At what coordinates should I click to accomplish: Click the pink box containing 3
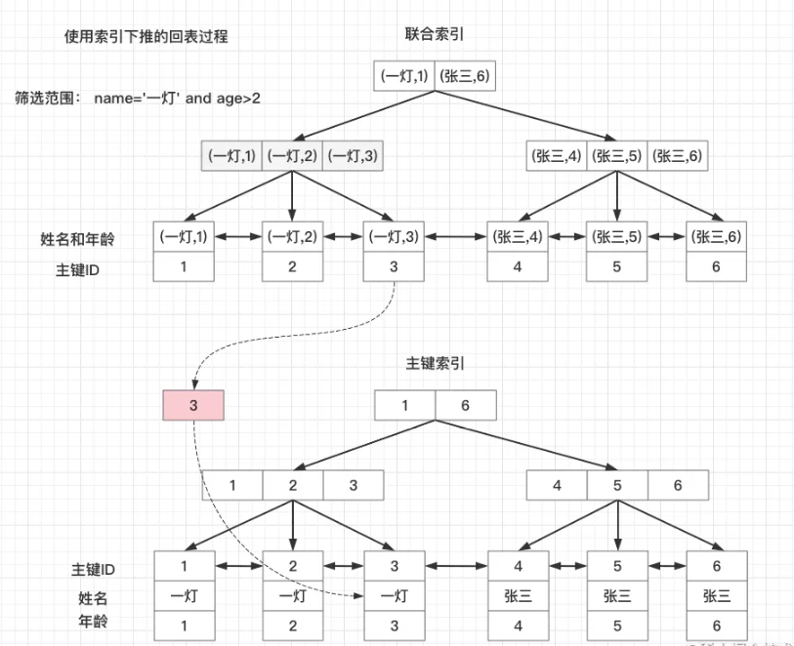(193, 405)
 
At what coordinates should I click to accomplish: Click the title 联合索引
(435, 34)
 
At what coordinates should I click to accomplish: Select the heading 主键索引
(435, 362)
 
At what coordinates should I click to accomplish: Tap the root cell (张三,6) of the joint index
(466, 76)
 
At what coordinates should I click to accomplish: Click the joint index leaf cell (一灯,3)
(394, 236)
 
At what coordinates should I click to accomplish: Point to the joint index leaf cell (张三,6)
(716, 236)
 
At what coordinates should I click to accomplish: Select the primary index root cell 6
(466, 405)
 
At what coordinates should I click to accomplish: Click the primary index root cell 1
(405, 405)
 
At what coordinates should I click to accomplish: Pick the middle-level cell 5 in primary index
(616, 485)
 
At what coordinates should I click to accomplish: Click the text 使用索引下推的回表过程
(146, 37)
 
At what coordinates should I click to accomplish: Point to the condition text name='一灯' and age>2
(177, 99)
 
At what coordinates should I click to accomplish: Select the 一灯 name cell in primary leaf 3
(394, 595)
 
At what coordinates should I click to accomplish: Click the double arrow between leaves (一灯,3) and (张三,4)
(455, 236)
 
